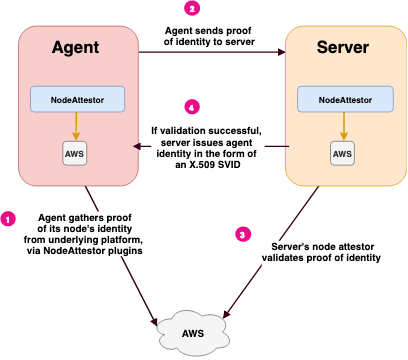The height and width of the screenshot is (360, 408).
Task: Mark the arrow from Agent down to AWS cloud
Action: (x=120, y=250)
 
